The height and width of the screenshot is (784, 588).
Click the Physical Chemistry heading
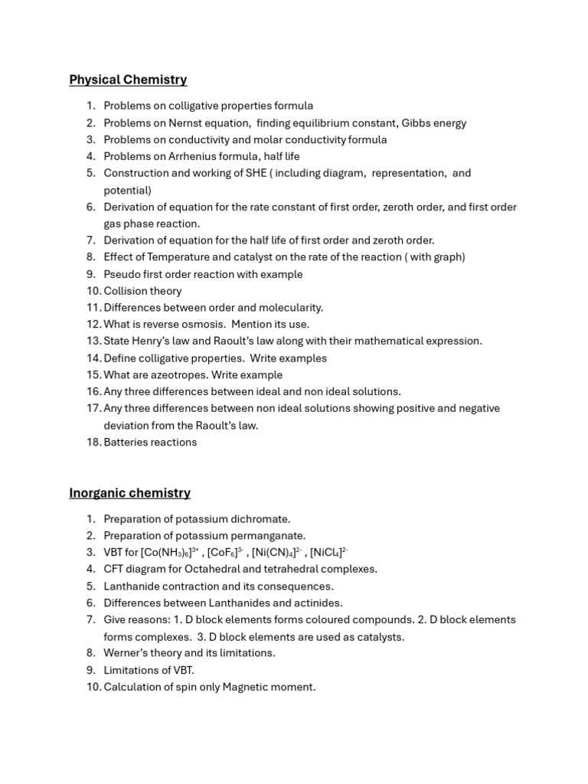[x=128, y=80]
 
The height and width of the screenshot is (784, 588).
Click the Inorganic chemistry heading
[x=129, y=493]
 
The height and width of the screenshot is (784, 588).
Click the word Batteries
[x=127, y=443]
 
